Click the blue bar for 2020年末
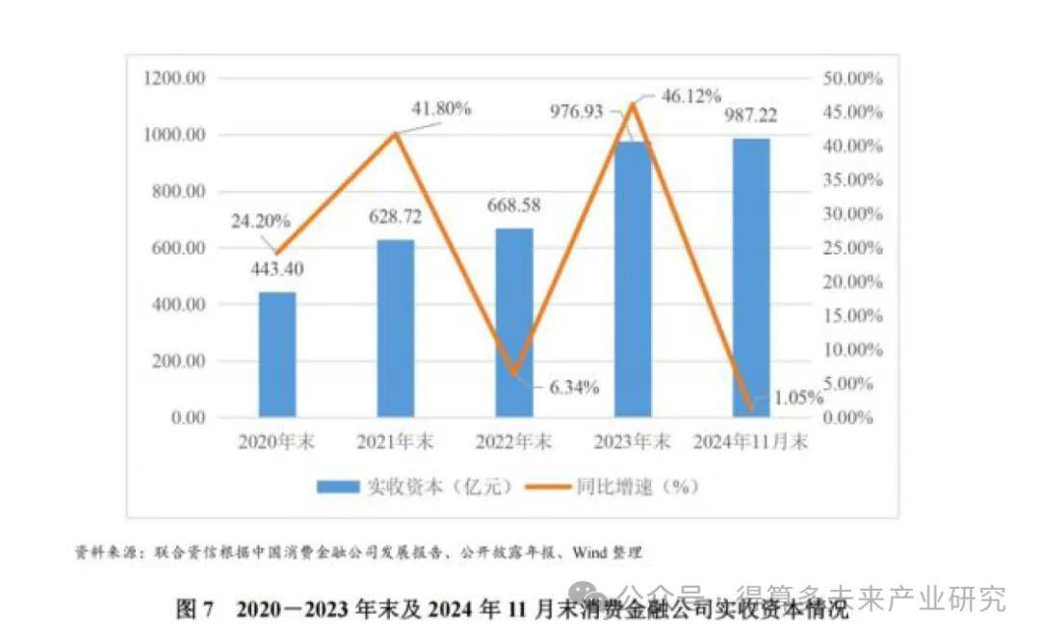click(277, 355)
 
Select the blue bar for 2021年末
click(396, 329)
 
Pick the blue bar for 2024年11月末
click(751, 279)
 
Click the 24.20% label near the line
click(260, 221)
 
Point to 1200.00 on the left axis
click(173, 78)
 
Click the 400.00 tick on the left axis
click(177, 305)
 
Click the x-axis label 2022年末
click(514, 442)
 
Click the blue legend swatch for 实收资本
click(338, 488)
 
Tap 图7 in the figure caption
click(197, 609)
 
